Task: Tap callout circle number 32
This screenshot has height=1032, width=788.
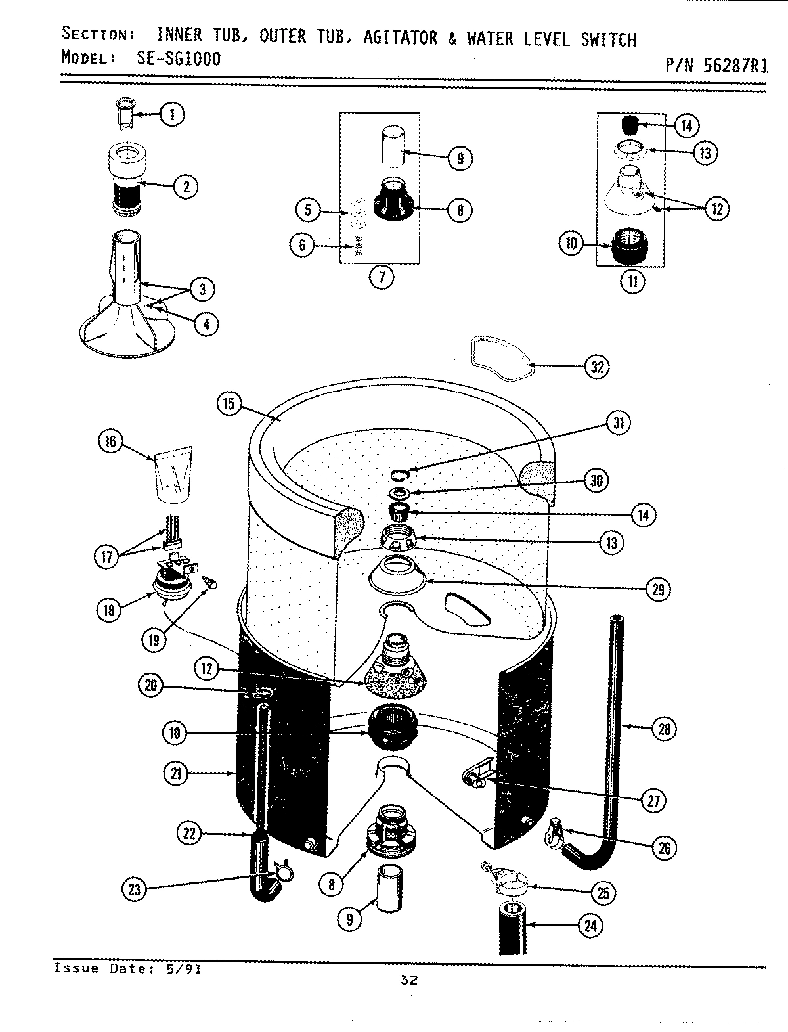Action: pos(596,367)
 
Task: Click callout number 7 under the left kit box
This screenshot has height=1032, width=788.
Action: pos(380,278)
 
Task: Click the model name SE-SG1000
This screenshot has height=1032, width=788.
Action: pos(179,58)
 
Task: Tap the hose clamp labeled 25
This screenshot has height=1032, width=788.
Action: pos(508,884)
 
